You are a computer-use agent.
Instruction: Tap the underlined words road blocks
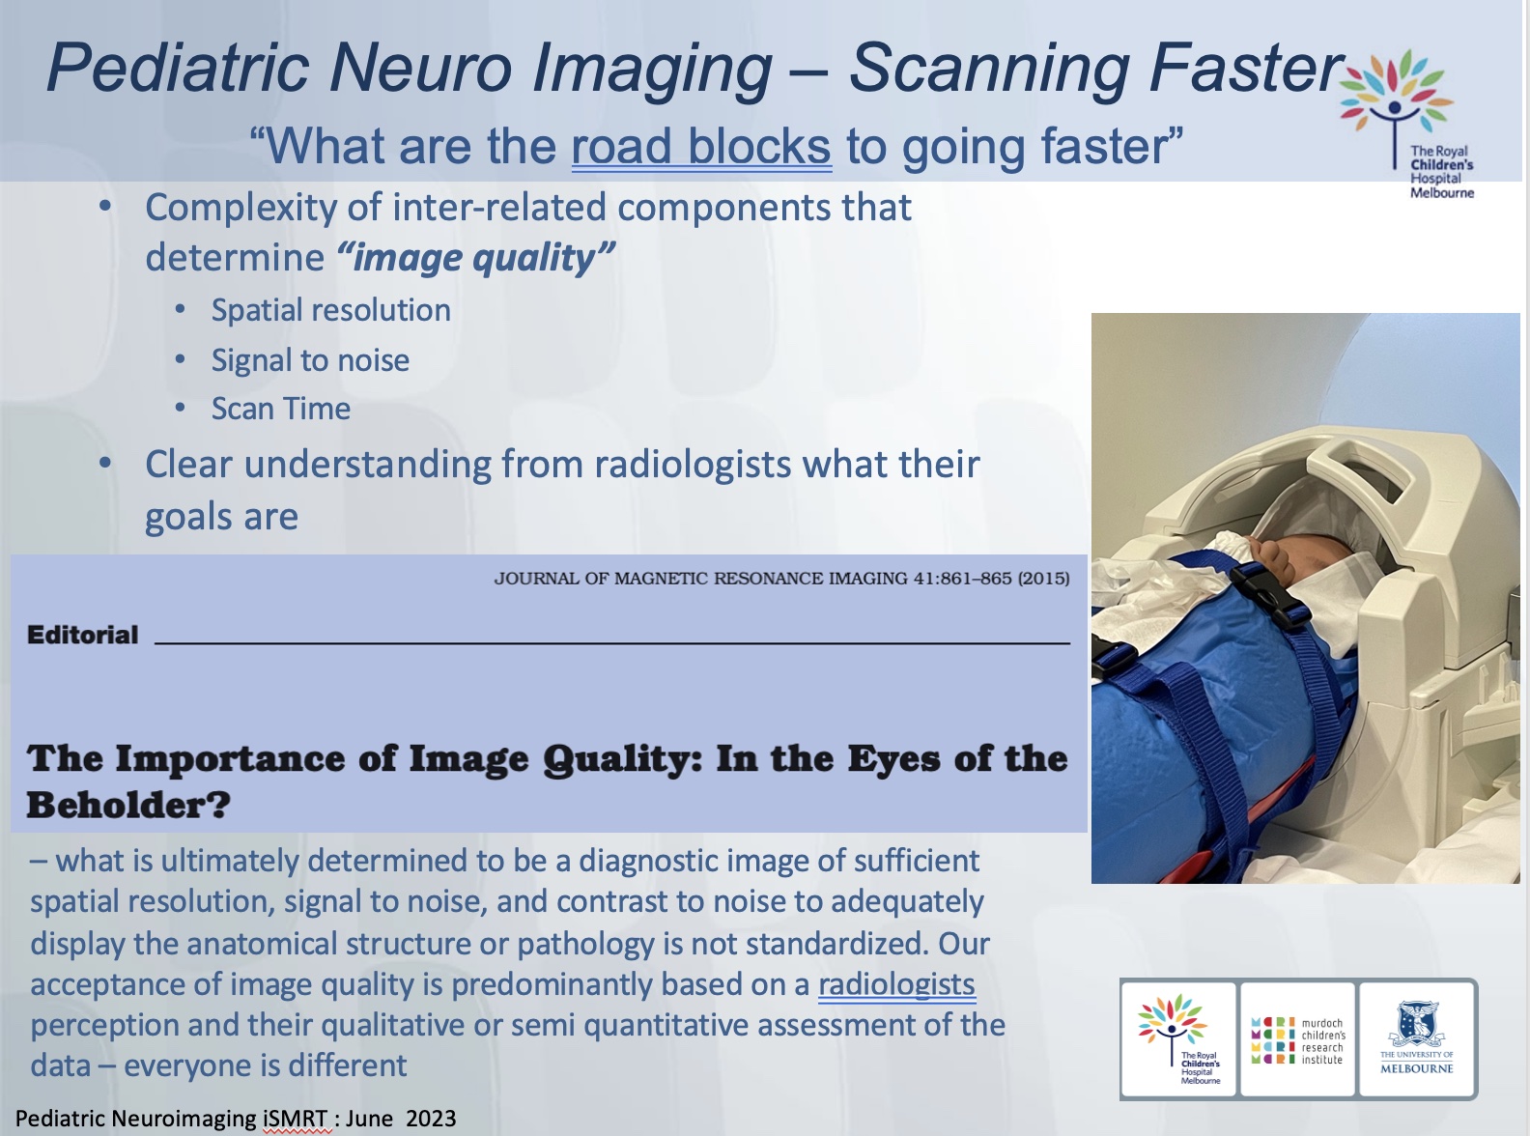pos(701,146)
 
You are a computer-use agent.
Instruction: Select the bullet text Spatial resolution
pos(331,311)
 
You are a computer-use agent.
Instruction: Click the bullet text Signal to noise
pos(310,360)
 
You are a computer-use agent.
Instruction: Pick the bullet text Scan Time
pos(281,409)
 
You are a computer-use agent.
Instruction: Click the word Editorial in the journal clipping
pos(83,635)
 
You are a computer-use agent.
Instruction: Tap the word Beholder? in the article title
pos(128,804)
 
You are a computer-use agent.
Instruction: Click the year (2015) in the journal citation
pos(1044,579)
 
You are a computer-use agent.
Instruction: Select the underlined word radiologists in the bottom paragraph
pos(896,984)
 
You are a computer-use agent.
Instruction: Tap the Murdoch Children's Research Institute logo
pos(1298,1040)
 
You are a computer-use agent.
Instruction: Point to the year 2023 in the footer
pos(431,1118)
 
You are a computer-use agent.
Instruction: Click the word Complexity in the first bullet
pos(241,207)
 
